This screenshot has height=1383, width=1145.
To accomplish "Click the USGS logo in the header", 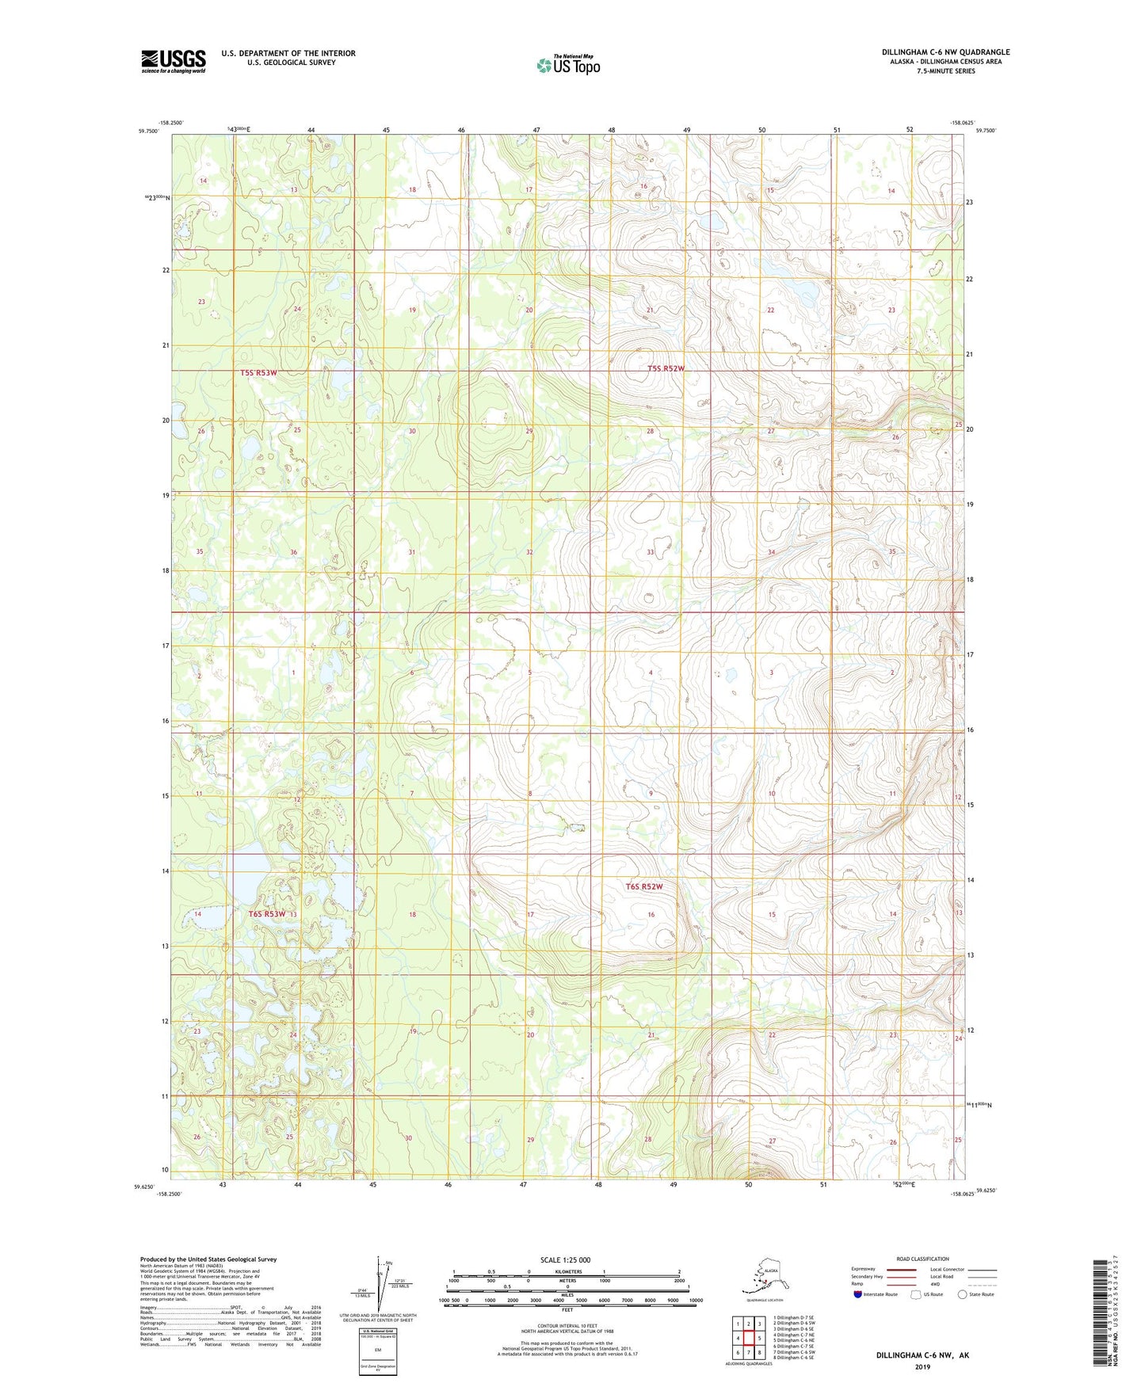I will coord(173,61).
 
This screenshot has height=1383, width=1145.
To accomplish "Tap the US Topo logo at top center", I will coord(568,65).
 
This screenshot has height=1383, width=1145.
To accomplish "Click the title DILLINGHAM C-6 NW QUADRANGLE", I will coord(945,52).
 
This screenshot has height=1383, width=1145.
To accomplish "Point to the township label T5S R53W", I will coord(258,372).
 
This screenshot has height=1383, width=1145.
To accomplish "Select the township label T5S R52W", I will coord(665,368).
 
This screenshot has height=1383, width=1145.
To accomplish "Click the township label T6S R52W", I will coord(643,886).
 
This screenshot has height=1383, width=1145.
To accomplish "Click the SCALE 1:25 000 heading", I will coord(565,1259).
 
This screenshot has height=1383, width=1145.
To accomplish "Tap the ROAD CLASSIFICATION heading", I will coord(922,1259).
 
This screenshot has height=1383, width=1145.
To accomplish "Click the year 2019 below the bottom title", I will coord(922,1366).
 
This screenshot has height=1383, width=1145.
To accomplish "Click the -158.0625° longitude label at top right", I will coord(963,123).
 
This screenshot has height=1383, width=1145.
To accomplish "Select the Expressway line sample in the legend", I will coord(901,1270).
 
